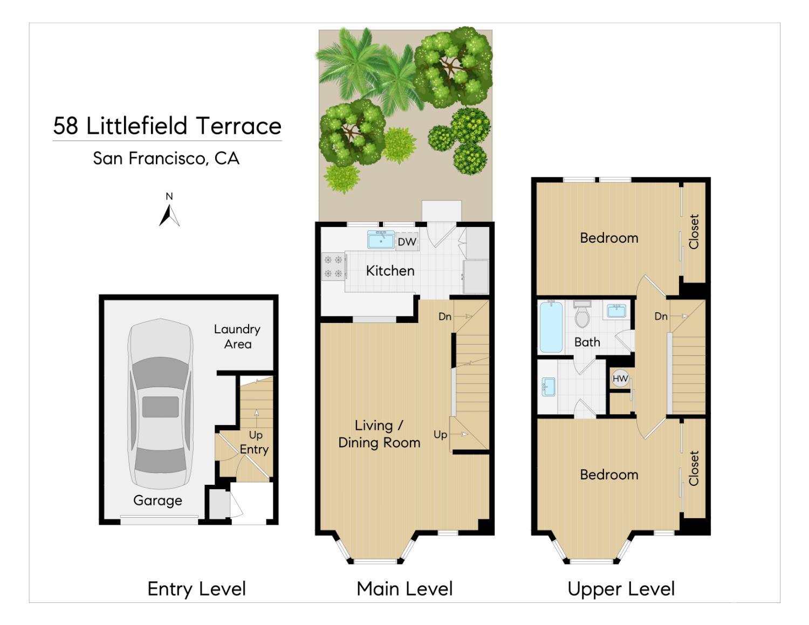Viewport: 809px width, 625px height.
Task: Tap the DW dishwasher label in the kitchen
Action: [x=407, y=242]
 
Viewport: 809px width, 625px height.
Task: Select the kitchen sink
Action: [x=381, y=239]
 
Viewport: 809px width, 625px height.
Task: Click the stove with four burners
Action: [x=334, y=266]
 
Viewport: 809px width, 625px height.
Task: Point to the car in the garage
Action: [x=161, y=403]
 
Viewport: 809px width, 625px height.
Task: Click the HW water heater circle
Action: [x=620, y=379]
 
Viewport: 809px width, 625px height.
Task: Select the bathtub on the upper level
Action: [x=551, y=327]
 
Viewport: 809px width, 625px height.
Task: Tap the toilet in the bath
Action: [x=582, y=314]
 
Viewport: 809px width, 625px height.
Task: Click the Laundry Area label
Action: [x=237, y=336]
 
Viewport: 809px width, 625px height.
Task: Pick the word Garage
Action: [x=158, y=500]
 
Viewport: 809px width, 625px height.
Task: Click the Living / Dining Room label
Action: [x=379, y=434]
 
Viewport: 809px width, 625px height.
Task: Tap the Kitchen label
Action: [x=390, y=271]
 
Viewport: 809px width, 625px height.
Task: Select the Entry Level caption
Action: [x=196, y=589]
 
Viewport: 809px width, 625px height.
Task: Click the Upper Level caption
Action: [x=621, y=589]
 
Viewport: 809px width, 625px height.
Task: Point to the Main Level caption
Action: [x=404, y=589]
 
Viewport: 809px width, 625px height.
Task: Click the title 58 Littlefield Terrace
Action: [x=167, y=126]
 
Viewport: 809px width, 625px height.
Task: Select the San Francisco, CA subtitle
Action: [x=166, y=158]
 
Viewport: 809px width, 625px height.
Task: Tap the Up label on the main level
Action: [x=440, y=435]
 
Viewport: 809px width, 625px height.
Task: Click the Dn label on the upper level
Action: [x=661, y=317]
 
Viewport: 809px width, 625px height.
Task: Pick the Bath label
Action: [x=587, y=342]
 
